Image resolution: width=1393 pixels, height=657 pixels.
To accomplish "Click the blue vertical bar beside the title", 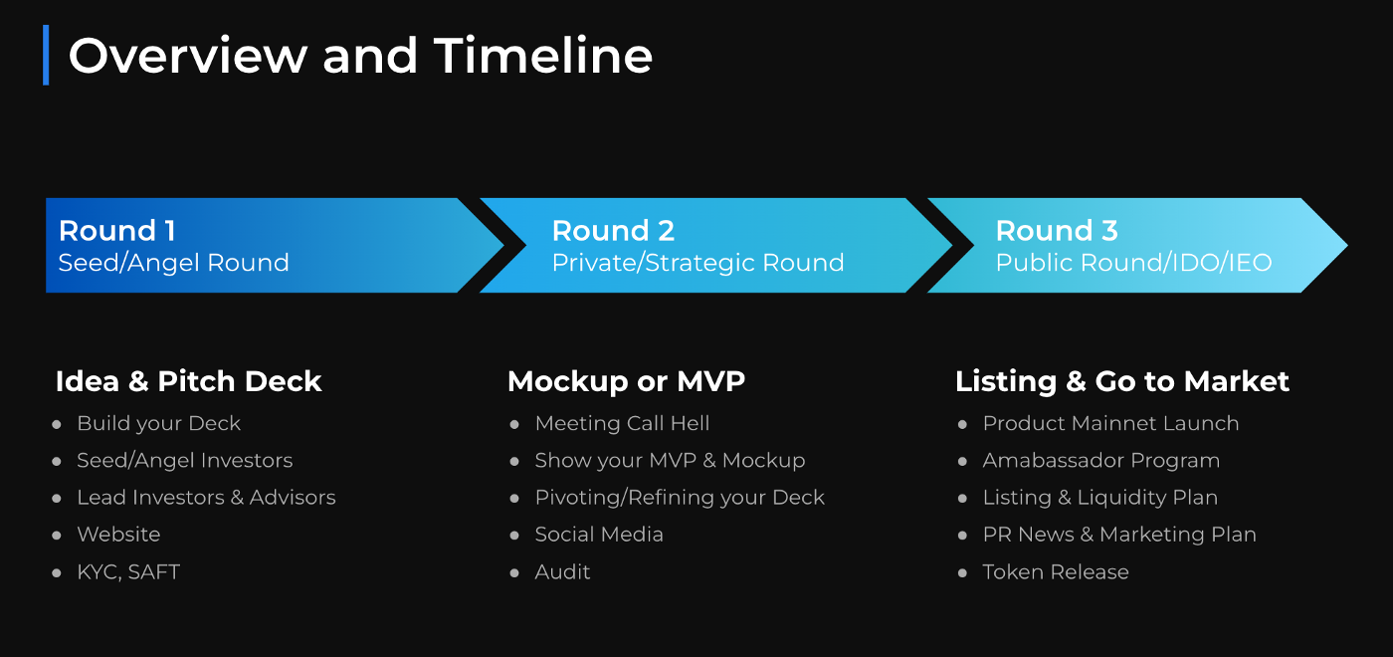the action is (46, 55).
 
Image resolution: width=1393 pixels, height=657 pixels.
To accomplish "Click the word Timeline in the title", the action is (543, 56).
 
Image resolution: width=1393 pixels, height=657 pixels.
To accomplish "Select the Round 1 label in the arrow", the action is (117, 231).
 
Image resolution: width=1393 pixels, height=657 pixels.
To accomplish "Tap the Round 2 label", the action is (613, 231).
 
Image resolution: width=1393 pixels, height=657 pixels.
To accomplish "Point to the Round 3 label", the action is (1057, 231).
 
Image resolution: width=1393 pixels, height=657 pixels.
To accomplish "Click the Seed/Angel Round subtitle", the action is (173, 263).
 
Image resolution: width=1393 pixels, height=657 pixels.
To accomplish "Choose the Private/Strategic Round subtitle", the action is (697, 263).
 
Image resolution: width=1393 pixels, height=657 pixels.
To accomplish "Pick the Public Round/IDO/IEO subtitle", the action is (1133, 263).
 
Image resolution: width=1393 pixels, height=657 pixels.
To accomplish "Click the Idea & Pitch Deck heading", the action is (188, 381).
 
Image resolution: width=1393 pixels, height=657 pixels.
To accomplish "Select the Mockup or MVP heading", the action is (626, 381).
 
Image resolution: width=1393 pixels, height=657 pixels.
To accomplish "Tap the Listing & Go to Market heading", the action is (1122, 381).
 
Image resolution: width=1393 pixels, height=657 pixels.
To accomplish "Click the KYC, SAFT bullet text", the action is (128, 572).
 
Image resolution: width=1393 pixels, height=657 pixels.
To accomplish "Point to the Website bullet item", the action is (118, 535).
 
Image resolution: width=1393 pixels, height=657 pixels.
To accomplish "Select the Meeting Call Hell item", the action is (622, 424).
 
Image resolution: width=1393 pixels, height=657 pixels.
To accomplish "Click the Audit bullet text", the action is (562, 572).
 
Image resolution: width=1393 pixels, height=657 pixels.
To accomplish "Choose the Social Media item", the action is (599, 535).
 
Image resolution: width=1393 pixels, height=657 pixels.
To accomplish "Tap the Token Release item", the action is (1056, 572).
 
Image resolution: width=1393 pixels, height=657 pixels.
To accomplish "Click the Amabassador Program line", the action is (1100, 461).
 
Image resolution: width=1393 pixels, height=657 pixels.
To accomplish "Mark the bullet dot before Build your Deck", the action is (57, 425).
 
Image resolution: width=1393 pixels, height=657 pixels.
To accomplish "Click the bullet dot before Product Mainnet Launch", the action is (962, 425).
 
